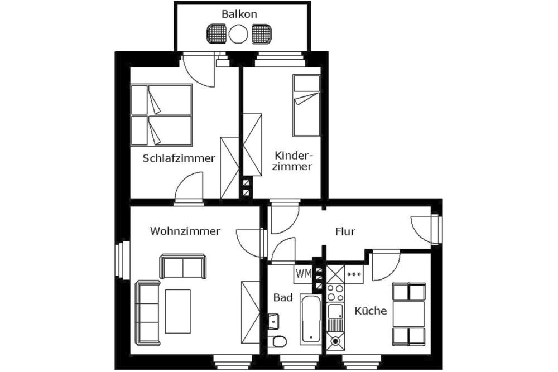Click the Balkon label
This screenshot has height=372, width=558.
[239, 15]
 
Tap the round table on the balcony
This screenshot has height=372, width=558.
[238, 34]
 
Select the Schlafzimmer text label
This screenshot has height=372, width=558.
[179, 158]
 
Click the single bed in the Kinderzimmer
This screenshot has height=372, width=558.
[306, 105]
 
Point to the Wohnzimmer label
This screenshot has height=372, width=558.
[185, 231]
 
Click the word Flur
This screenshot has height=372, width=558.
[345, 232]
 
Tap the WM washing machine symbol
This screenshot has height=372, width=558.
[303, 274]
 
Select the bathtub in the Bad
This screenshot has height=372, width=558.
[311, 319]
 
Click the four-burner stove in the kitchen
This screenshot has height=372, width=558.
[335, 293]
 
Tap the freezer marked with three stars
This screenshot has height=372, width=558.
[354, 274]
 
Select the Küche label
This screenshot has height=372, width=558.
[371, 311]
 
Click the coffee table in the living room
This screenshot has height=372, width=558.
[178, 312]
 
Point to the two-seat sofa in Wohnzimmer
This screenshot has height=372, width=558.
[182, 267]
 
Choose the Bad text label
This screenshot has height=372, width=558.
[283, 298]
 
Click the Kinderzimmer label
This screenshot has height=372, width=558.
[292, 161]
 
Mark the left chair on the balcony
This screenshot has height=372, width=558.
[216, 34]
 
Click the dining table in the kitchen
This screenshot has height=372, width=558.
[408, 315]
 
